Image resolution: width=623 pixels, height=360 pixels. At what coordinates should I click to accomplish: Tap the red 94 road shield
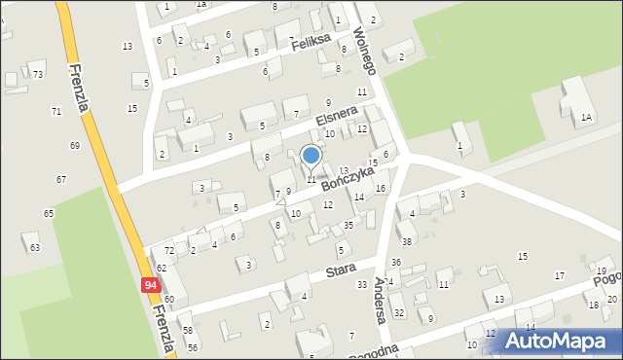coord(150,285)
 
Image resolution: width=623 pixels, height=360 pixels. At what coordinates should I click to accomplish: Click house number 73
coord(38,74)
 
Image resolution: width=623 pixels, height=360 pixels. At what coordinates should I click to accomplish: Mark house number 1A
coord(586,117)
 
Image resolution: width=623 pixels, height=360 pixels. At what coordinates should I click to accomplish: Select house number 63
coord(35,248)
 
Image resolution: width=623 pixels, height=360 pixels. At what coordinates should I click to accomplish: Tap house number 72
coord(169,251)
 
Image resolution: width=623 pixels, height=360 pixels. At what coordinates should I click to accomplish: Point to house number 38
coord(407,241)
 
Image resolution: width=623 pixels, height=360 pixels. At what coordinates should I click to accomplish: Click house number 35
coord(348,225)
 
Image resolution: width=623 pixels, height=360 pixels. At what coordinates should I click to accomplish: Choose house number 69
coord(75,145)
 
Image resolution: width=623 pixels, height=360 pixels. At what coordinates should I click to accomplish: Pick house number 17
coord(560,275)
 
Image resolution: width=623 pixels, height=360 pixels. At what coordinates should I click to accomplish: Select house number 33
coord(362,284)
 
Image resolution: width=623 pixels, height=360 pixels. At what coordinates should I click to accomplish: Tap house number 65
coord(49,212)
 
